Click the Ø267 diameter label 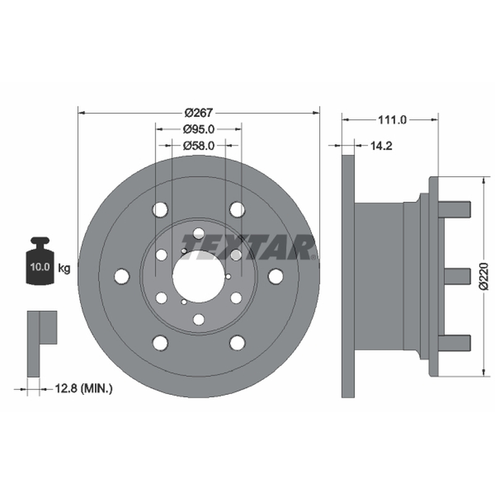click(199, 113)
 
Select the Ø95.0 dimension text click(199, 129)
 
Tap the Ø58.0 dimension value click(199, 145)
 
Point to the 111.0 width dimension click(392, 120)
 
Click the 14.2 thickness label click(381, 146)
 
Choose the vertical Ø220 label click(483, 277)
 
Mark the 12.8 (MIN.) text click(84, 388)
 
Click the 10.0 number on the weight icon click(40, 267)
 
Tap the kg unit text click(64, 269)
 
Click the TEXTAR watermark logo click(249, 247)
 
